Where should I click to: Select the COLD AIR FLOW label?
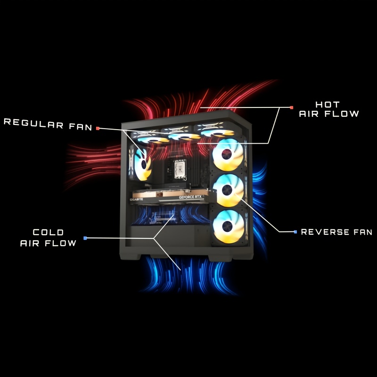click(x=48, y=238)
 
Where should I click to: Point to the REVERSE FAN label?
click(x=336, y=232)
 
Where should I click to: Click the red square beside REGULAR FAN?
click(x=98, y=128)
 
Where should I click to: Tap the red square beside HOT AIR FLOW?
click(x=292, y=107)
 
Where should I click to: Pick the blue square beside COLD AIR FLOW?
click(x=85, y=238)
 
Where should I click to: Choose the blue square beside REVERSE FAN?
click(x=295, y=232)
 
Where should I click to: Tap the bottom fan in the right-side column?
click(x=228, y=227)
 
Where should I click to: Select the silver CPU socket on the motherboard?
click(x=180, y=167)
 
